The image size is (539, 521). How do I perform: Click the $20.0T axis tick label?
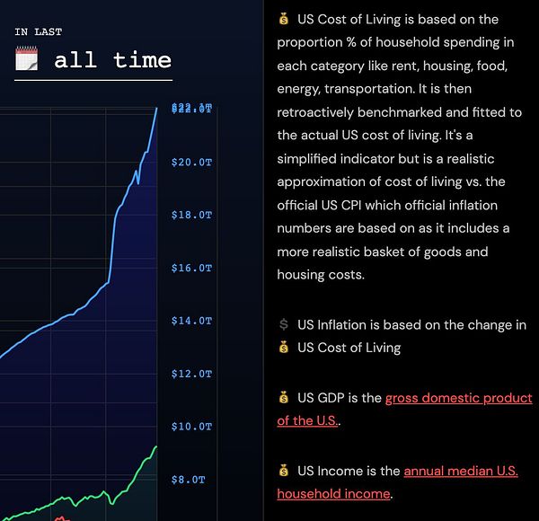(x=190, y=163)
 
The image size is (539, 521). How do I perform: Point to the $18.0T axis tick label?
(x=190, y=216)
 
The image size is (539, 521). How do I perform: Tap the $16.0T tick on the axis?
(x=190, y=269)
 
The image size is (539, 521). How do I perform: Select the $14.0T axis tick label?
(x=190, y=321)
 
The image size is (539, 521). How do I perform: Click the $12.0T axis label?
(x=190, y=374)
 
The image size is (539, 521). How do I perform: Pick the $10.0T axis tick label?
(x=190, y=427)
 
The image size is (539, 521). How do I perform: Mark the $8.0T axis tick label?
(x=188, y=480)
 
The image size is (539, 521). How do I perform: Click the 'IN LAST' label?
(x=39, y=31)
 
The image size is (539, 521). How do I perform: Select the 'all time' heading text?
(x=112, y=60)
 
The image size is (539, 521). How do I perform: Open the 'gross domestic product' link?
(x=458, y=398)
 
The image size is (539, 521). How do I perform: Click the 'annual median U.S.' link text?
(x=460, y=471)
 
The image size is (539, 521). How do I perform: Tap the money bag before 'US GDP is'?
(x=284, y=397)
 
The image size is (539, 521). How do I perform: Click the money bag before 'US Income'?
(x=284, y=471)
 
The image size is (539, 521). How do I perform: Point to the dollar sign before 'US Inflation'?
(x=284, y=325)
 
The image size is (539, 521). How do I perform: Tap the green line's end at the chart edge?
(x=156, y=446)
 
